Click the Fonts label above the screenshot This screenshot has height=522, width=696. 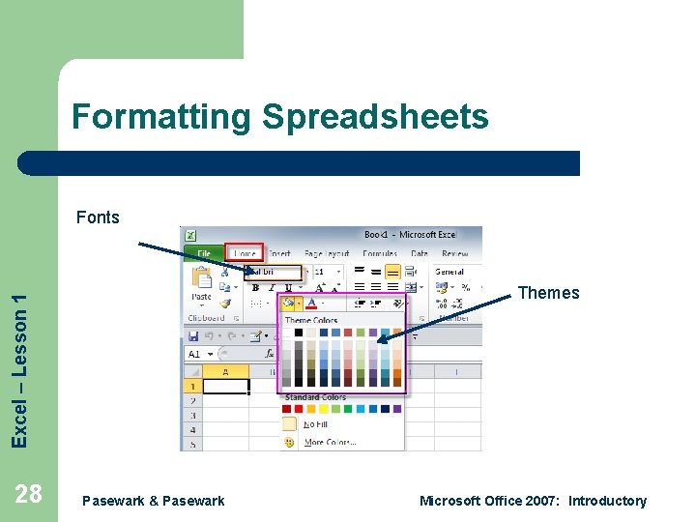coord(98,217)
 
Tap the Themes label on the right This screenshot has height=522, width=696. coord(548,293)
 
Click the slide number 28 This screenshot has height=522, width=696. coord(29,494)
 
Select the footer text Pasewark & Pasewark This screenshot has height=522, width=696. coord(154,501)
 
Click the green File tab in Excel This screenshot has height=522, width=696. coord(204,254)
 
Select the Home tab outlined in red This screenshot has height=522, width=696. coord(243,254)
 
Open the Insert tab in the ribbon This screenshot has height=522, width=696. coord(279,254)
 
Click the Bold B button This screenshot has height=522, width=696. coord(255,287)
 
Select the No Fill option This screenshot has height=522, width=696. coord(315,424)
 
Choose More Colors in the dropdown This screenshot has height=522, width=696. coord(330,442)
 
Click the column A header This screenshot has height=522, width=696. coord(226,371)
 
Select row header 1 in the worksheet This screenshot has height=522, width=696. coord(193,386)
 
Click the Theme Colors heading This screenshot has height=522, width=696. coord(311,320)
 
